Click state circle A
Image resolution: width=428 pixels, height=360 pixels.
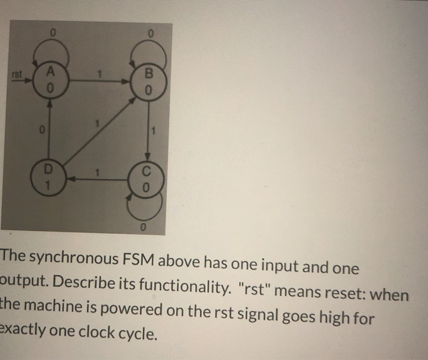pyautogui.click(x=51, y=80)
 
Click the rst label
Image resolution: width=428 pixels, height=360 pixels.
pyautogui.click(x=18, y=75)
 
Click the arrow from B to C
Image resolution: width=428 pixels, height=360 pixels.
pyautogui.click(x=149, y=130)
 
